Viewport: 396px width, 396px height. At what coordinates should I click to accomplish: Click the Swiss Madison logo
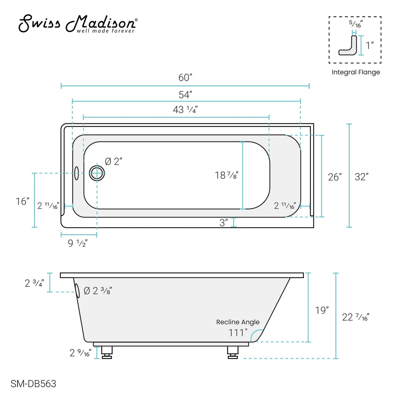[x=78, y=24]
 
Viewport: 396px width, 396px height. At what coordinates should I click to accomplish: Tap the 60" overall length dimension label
[x=185, y=78]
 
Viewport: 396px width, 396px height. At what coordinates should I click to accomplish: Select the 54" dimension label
[x=185, y=95]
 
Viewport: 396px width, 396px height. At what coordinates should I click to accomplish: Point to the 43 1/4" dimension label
[x=185, y=110]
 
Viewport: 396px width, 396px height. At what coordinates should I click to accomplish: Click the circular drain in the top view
[x=97, y=173]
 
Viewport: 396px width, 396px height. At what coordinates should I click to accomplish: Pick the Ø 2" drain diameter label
[x=113, y=161]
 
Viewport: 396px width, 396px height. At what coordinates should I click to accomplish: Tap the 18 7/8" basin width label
[x=226, y=175]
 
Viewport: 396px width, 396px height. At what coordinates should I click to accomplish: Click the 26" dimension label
[x=335, y=177]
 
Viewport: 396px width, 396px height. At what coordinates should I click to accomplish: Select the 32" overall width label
[x=361, y=177]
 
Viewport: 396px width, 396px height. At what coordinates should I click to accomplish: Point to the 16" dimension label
[x=22, y=201]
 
